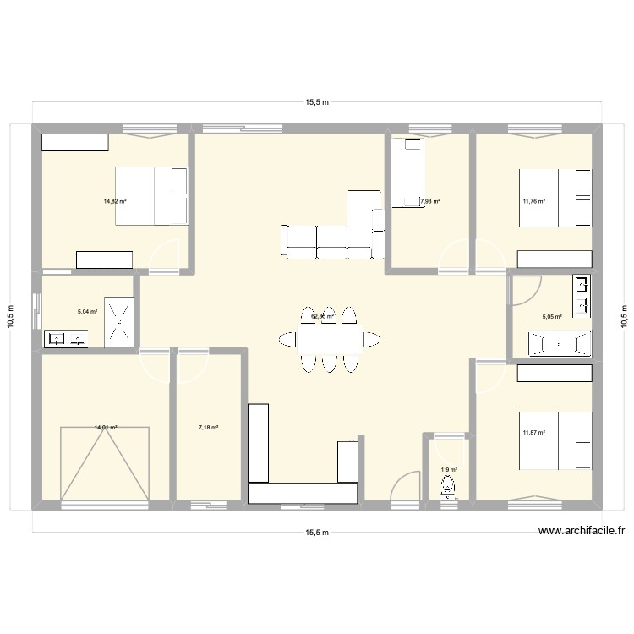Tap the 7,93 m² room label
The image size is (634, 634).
430,201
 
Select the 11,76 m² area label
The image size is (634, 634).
533,201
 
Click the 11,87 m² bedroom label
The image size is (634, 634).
533,433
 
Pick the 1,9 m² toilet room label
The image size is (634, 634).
448,470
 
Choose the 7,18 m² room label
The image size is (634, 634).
208,428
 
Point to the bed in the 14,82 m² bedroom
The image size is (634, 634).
150,196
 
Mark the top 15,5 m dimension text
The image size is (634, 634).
317,103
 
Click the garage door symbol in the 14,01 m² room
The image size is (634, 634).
105,463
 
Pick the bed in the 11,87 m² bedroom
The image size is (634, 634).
555,440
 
